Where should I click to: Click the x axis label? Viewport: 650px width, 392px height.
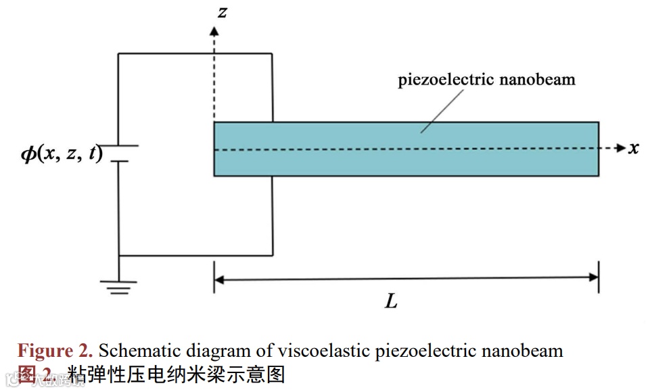tap(633, 148)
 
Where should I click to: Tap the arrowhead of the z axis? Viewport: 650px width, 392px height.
tap(214, 30)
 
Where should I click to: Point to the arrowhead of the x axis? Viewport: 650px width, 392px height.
tap(621, 148)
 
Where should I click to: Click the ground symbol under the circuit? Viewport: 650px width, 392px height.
tap(119, 287)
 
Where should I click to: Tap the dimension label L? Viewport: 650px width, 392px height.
tap(391, 301)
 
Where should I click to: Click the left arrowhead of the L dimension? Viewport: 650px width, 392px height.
tap(218, 277)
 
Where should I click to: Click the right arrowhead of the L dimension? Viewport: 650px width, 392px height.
tap(594, 276)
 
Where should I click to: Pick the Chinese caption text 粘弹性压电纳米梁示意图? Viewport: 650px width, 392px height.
tap(176, 374)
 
